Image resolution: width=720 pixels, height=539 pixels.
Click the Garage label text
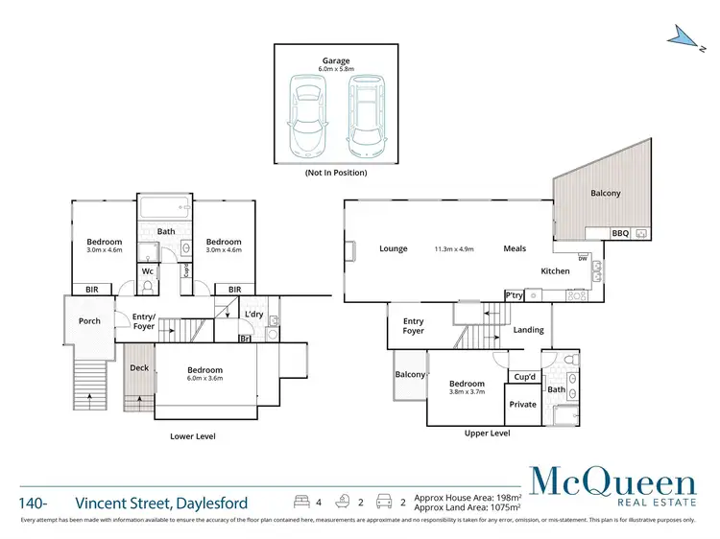[336, 59]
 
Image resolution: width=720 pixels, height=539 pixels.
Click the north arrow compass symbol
[684, 36]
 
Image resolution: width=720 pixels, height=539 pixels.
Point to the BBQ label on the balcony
[621, 233]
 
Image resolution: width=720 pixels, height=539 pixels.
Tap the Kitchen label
[555, 271]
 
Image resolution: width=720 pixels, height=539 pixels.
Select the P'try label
[516, 295]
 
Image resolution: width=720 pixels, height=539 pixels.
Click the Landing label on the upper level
[528, 330]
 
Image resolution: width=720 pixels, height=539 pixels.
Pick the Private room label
[523, 405]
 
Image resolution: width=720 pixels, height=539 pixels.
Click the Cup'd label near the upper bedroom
[524, 377]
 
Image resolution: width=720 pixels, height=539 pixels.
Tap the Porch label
[89, 321]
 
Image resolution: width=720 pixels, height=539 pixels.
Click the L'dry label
[253, 315]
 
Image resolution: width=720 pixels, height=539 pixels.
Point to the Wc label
[148, 271]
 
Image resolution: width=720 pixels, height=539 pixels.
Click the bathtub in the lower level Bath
[166, 209]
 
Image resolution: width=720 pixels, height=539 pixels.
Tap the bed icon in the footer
[300, 502]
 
